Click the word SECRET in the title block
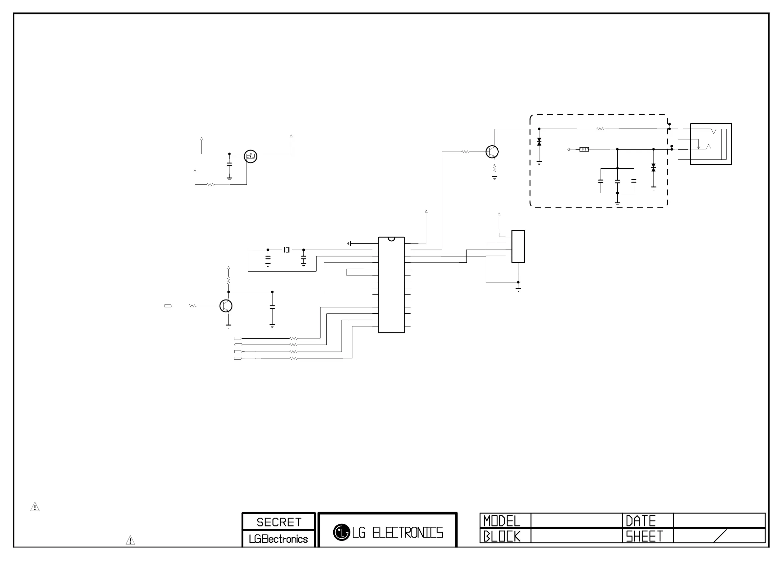(279, 522)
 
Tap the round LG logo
(341, 532)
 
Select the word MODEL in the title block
(502, 521)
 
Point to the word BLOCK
(502, 536)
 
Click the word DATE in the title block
(641, 521)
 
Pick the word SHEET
(644, 536)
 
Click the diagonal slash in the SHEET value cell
(720, 536)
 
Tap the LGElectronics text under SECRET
(278, 539)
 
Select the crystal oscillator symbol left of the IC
(287, 250)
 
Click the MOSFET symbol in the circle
(250, 156)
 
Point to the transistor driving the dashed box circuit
(492, 152)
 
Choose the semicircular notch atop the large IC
(391, 239)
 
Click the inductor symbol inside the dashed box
(584, 150)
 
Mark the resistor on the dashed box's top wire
(601, 129)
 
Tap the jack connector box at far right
(711, 144)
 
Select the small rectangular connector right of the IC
(518, 246)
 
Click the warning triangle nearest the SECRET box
(130, 540)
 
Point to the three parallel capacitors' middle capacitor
(617, 181)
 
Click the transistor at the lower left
(226, 306)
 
